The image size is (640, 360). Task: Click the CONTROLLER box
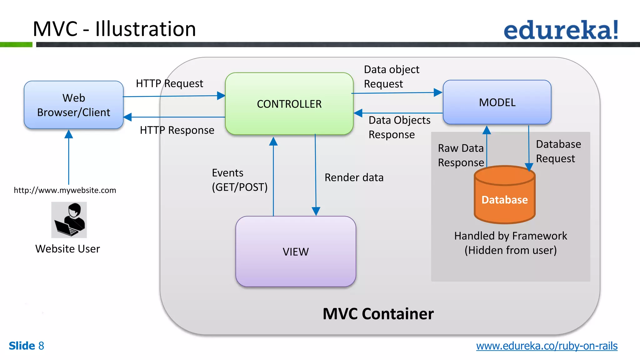(x=289, y=104)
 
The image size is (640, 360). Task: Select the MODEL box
(x=497, y=102)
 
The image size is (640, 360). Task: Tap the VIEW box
(x=296, y=252)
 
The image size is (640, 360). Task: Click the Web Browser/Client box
(x=74, y=105)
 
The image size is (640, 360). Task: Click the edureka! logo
(x=561, y=30)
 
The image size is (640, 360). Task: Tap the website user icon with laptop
(x=69, y=220)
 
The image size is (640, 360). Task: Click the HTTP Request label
(x=169, y=83)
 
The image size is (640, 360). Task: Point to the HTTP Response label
(x=177, y=130)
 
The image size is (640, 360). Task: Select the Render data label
(x=354, y=177)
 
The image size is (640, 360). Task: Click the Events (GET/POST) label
(x=239, y=180)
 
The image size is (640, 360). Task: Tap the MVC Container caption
(x=378, y=314)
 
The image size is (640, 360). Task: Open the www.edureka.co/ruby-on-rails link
(x=547, y=346)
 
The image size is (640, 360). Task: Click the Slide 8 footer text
(x=26, y=346)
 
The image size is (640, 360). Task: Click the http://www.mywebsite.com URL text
(x=65, y=190)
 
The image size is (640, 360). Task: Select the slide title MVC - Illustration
(x=114, y=29)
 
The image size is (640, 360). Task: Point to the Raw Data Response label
(x=461, y=155)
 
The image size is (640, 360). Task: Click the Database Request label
(x=558, y=151)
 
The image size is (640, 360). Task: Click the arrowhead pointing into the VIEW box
(x=316, y=212)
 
